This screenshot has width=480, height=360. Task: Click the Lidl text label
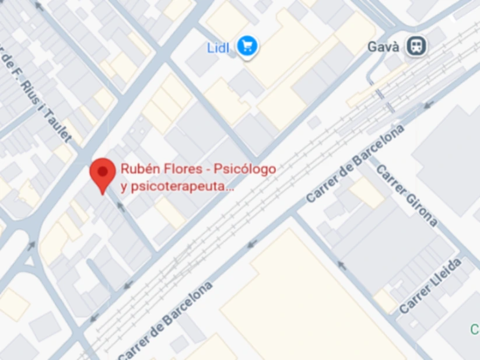(x=219, y=47)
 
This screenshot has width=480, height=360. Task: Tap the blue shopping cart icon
(x=248, y=46)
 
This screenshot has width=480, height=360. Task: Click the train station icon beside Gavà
(x=416, y=46)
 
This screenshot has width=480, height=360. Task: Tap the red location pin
(x=103, y=173)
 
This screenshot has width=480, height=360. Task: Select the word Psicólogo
(x=244, y=169)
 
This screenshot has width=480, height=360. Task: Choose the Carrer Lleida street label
(x=431, y=286)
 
